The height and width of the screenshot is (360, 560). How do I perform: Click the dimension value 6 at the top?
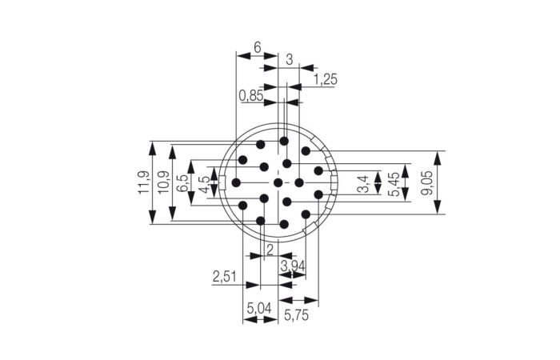tap(258, 47)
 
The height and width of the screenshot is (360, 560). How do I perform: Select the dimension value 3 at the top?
tap(289, 58)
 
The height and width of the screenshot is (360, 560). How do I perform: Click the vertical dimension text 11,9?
tap(143, 183)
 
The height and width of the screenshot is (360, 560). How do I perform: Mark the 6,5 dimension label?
tap(183, 183)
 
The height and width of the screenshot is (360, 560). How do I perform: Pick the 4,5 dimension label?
tap(204, 184)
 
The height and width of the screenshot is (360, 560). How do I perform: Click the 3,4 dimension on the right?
tap(365, 184)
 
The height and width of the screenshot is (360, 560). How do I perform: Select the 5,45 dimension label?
tap(394, 183)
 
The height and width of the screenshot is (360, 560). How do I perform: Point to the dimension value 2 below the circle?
tap(269, 249)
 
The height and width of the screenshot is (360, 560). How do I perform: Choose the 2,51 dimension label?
tap(225, 277)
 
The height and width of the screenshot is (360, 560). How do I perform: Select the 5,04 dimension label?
tap(260, 308)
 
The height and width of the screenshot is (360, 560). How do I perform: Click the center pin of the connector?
tap(278, 183)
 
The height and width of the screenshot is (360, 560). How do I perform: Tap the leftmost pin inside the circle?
tap(236, 183)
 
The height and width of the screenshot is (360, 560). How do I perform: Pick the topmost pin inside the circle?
tap(284, 141)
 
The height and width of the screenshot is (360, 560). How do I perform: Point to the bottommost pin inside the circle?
tap(284, 225)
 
